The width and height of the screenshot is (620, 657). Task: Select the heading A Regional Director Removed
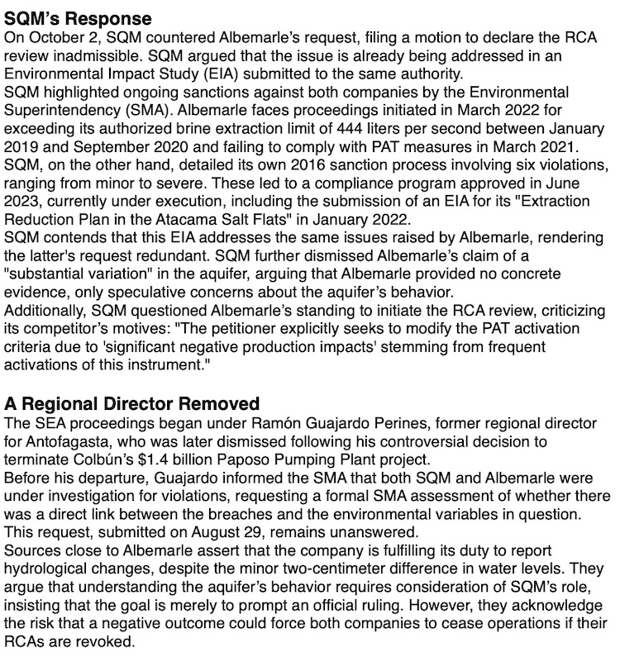click(132, 403)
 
